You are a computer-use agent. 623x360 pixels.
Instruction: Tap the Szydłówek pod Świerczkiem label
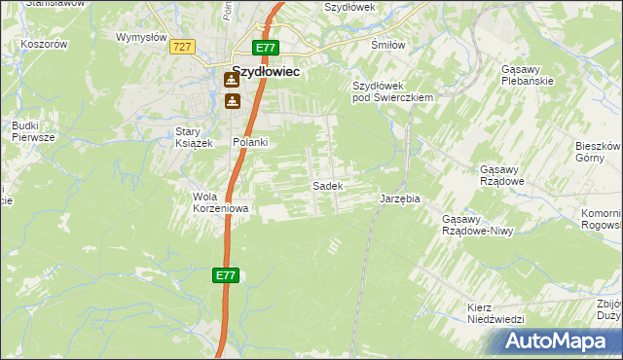[x=391, y=91]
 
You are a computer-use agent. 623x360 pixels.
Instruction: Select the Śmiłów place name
[x=388, y=46]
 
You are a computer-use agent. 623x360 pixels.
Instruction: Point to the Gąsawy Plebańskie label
[x=527, y=75]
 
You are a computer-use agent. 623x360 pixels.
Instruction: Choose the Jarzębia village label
[x=399, y=198]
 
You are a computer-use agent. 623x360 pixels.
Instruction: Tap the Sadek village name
[x=325, y=185]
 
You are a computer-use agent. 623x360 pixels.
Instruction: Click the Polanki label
[x=250, y=142]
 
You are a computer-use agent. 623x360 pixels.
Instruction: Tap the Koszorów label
[x=46, y=44]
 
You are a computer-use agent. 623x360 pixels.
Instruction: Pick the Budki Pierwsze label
[x=25, y=131]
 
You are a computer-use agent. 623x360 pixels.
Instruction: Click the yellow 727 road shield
[x=181, y=47]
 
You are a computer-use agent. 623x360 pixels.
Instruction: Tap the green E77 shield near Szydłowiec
[x=266, y=48]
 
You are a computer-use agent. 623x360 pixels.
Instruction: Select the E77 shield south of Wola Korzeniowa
[x=225, y=276]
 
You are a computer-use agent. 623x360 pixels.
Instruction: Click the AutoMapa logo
[x=558, y=342]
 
